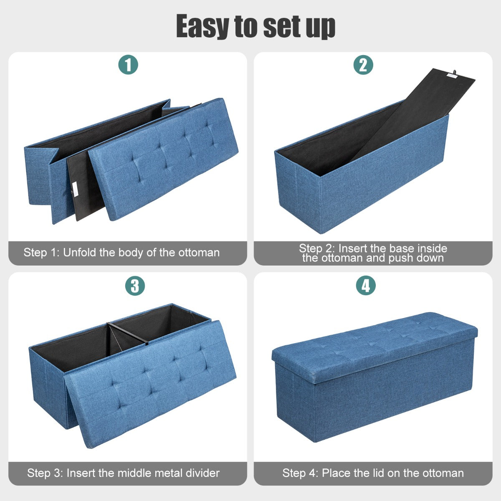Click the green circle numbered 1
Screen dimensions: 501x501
(x=128, y=64)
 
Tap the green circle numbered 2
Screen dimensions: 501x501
(x=363, y=65)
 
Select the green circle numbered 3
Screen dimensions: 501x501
(x=135, y=286)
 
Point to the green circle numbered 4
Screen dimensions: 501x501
(x=366, y=286)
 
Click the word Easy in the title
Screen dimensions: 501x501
(x=203, y=26)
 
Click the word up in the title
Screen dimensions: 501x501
(x=321, y=27)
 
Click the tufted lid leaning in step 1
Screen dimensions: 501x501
(x=163, y=159)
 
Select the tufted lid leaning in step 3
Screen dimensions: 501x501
(x=151, y=384)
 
